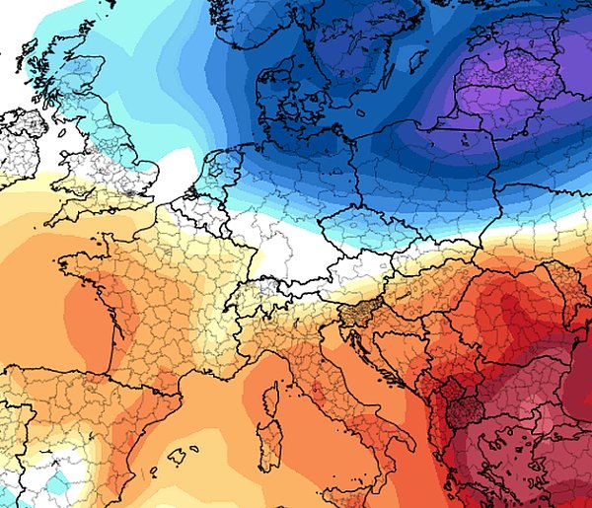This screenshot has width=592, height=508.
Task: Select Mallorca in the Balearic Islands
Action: [x=179, y=457]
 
